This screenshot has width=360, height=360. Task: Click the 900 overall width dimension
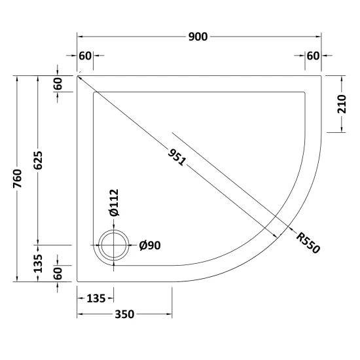[x=198, y=37]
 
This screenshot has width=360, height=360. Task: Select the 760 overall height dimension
[x=18, y=179]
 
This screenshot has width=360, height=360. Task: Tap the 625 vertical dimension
[x=38, y=160]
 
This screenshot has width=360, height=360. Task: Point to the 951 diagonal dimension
[x=177, y=157]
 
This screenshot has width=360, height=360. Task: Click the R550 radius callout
[x=308, y=243]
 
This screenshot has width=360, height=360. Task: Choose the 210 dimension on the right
[x=342, y=104]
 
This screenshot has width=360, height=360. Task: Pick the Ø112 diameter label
[x=114, y=202]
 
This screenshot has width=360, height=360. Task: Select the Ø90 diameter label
[x=150, y=245]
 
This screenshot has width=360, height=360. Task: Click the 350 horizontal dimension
[x=124, y=314]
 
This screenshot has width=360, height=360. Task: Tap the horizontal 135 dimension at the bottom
[x=96, y=298]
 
